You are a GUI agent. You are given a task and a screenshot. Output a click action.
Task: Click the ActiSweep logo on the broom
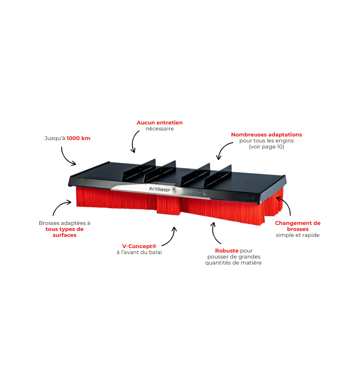[x=160, y=189]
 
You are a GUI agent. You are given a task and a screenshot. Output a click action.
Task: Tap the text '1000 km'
[x=78, y=138]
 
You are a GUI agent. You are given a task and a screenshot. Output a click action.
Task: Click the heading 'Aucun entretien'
[x=160, y=122]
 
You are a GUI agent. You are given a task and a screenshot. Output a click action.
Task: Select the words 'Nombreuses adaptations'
[x=266, y=134]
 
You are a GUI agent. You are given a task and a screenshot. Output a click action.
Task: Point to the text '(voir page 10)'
[x=266, y=147]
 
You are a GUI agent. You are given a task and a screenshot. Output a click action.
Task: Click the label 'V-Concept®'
[x=139, y=246]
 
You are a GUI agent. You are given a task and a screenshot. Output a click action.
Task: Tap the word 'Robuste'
[x=227, y=251]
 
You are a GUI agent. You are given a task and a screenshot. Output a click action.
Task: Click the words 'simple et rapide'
[x=298, y=235]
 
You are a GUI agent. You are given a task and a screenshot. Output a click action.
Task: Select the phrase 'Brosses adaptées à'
[x=64, y=223]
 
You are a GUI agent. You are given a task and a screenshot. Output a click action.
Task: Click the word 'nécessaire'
[x=160, y=128]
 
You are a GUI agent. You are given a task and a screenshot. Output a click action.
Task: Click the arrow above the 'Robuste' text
[x=214, y=233]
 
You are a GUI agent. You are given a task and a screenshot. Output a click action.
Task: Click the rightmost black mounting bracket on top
[x=218, y=176]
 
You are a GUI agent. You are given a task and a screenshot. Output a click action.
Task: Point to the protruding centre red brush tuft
[x=168, y=205]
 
